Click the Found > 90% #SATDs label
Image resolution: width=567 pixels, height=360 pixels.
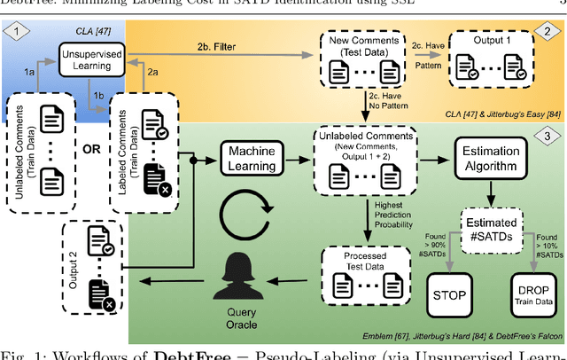click(x=426, y=247)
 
